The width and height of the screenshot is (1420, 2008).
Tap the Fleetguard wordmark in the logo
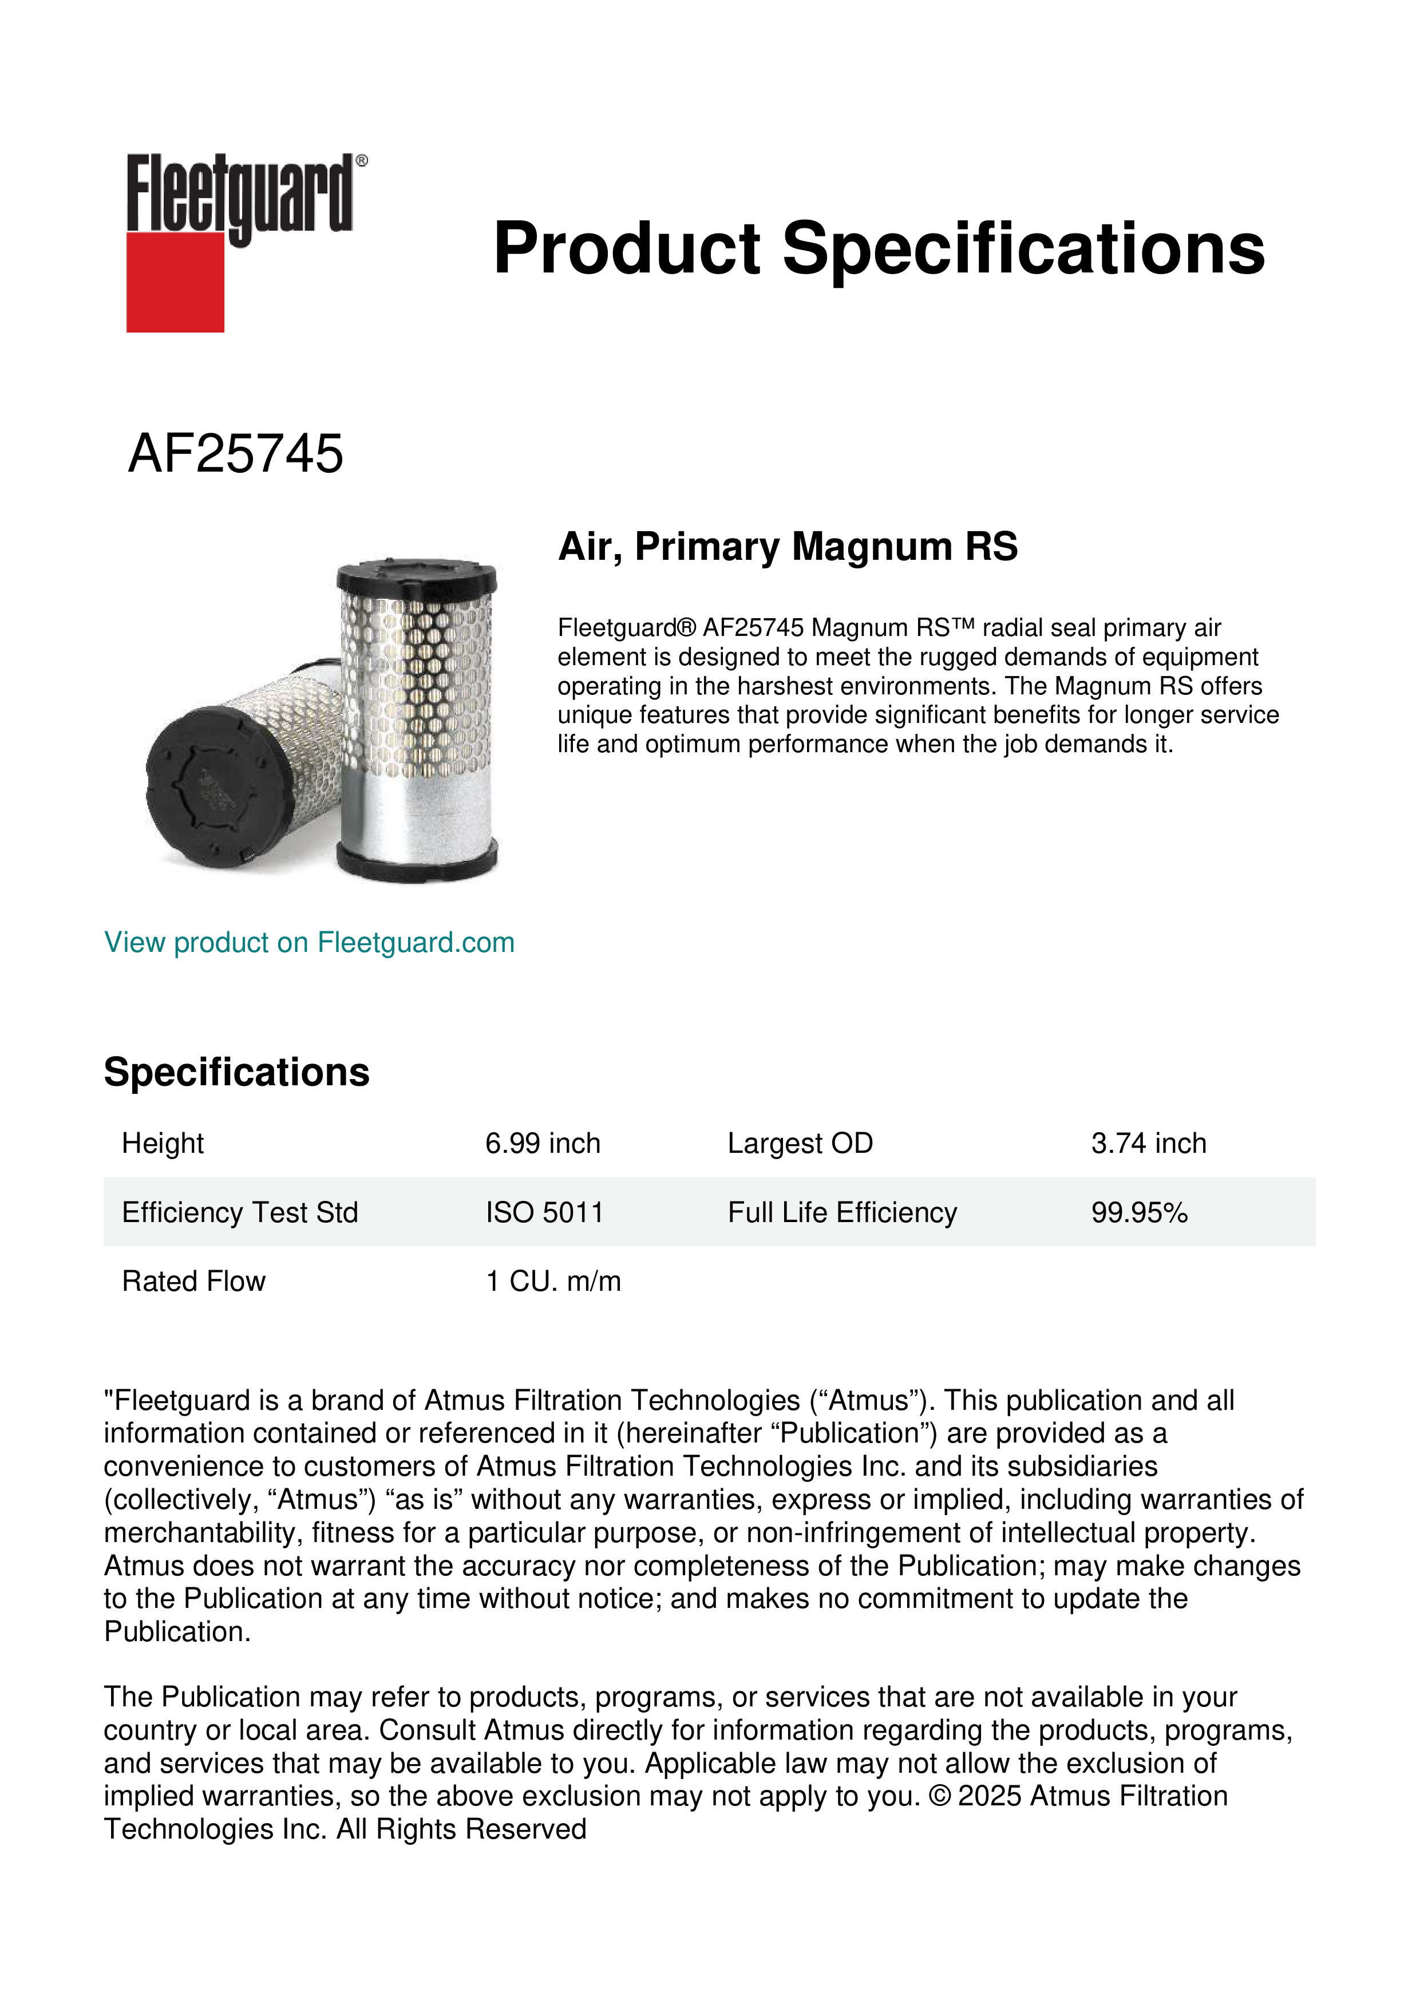tap(240, 194)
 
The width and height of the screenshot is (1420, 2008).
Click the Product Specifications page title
tap(879, 248)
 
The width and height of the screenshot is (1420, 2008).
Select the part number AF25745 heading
tap(235, 454)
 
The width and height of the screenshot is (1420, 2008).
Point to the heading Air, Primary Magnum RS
tap(788, 547)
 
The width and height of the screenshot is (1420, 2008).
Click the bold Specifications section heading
tap(236, 1072)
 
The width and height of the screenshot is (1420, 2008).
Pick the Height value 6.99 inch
tap(543, 1143)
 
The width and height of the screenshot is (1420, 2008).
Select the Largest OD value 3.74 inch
tap(1148, 1143)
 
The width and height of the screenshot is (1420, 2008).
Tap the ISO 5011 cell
tap(544, 1212)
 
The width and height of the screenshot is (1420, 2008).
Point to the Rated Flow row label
tap(193, 1281)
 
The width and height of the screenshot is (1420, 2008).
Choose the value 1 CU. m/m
tap(553, 1281)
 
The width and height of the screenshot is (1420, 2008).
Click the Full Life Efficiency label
tap(842, 1212)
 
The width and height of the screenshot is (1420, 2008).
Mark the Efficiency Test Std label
tap(240, 1212)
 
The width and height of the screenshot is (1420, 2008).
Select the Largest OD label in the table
tap(800, 1143)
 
